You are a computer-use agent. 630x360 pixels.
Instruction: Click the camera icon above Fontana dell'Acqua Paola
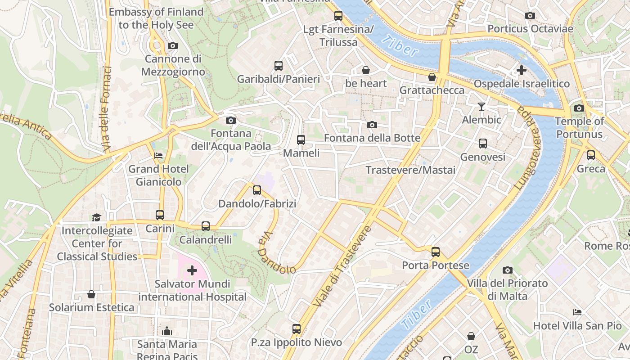point(230,120)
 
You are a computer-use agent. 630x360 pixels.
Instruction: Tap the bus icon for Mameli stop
point(301,140)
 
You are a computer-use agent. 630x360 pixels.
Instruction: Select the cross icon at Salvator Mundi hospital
point(192,270)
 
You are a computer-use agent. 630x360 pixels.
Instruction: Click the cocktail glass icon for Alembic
point(481,107)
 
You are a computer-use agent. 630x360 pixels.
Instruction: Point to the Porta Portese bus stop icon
point(435,252)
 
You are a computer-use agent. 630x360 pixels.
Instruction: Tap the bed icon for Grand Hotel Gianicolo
point(158,156)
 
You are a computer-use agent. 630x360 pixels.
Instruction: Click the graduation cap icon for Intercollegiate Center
point(97,218)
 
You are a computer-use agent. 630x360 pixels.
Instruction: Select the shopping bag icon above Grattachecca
point(432,77)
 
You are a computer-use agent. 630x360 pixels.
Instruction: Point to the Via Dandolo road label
point(276,254)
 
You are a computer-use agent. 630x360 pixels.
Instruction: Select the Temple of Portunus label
point(579,128)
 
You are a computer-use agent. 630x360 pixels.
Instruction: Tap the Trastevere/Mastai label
point(410,170)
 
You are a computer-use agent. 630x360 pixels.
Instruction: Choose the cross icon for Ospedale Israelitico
point(521,70)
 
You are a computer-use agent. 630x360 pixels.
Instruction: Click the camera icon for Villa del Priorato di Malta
point(508,270)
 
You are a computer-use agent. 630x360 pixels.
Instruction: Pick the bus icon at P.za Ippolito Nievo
point(296,329)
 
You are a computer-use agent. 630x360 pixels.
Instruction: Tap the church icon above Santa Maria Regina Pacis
point(167,331)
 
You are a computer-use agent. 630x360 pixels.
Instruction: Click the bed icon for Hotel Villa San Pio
point(577,312)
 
